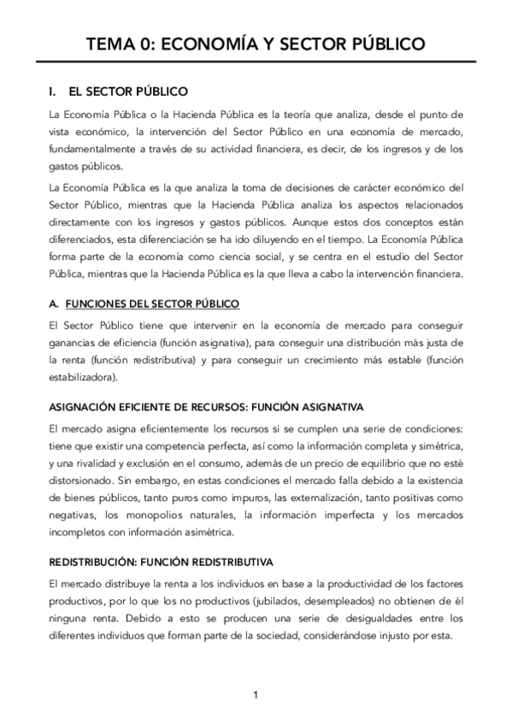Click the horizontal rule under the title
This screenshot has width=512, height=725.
click(x=256, y=62)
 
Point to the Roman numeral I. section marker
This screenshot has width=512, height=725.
click(x=53, y=91)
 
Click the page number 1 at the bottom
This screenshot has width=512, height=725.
click(x=256, y=694)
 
